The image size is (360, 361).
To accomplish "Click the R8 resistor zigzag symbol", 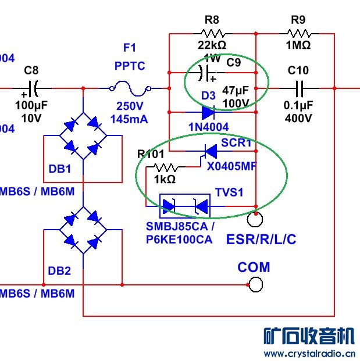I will click(x=212, y=34).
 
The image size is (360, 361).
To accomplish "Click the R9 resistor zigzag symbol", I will click(x=298, y=34).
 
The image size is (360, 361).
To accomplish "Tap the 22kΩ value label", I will click(x=212, y=46).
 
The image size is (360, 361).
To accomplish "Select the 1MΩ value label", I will click(x=298, y=45).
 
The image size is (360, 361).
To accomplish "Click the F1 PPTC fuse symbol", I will click(x=130, y=89).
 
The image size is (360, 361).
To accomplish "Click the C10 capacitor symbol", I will click(x=299, y=89).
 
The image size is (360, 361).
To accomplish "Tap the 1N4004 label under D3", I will click(x=208, y=127).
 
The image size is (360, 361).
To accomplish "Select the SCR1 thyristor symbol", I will click(x=208, y=152).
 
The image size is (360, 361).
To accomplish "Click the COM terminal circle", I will click(x=255, y=284).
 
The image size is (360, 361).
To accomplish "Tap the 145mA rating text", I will click(x=129, y=120).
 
